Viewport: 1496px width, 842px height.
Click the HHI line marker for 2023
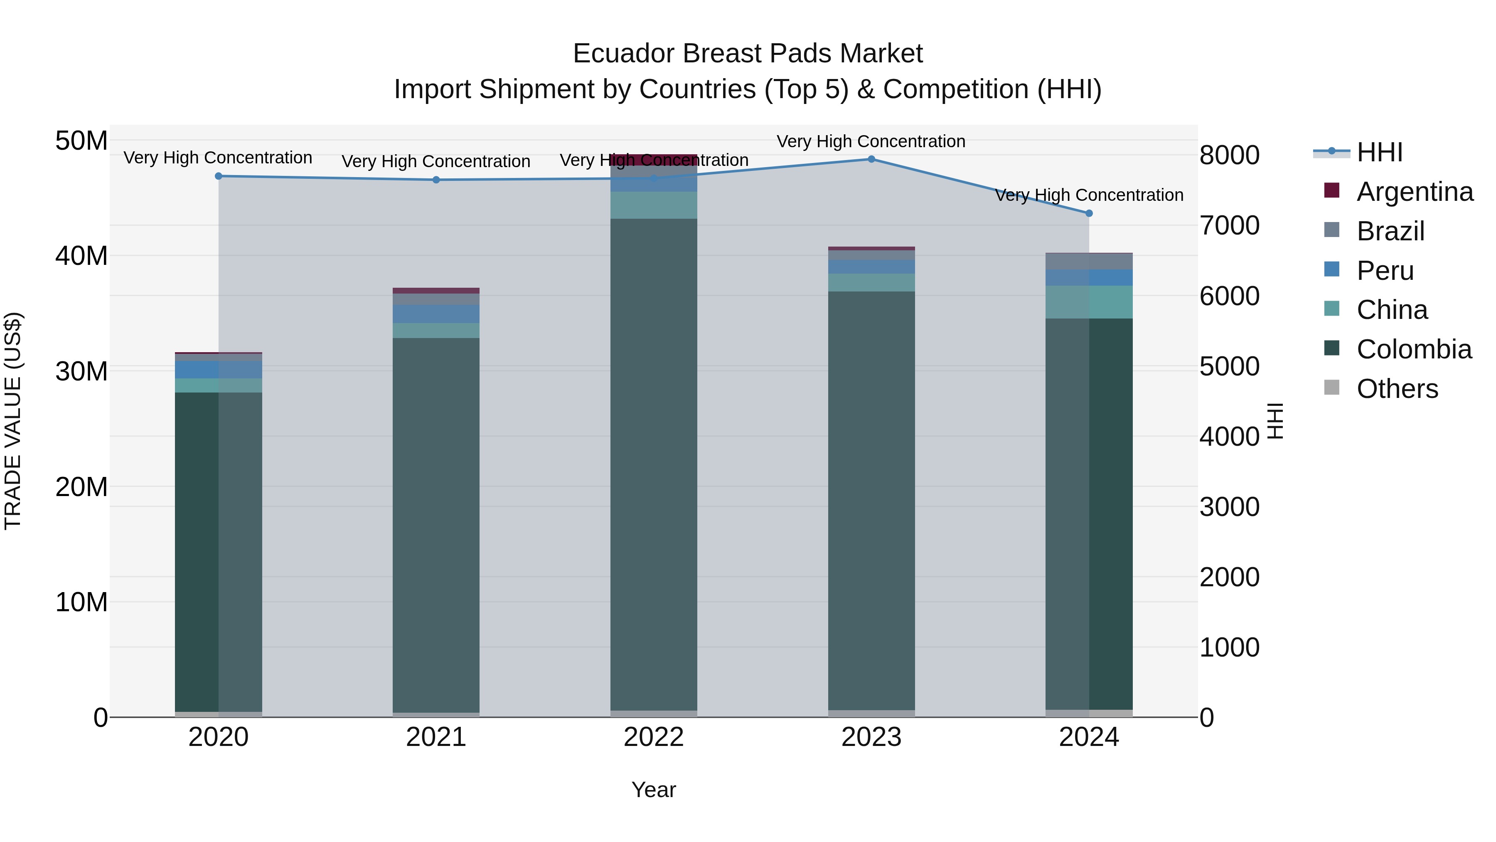[871, 159]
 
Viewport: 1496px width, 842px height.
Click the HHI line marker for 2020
[218, 176]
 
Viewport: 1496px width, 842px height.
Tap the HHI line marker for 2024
[1089, 213]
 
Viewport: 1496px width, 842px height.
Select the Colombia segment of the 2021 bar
[436, 523]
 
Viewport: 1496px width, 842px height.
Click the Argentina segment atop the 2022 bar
[654, 160]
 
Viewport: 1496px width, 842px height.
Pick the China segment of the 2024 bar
[1089, 302]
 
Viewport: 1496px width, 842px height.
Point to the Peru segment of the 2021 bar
[436, 314]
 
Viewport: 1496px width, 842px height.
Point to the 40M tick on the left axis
[81, 256]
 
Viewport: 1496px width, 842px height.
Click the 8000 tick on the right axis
[1230, 155]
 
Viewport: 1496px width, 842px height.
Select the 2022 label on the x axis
[654, 737]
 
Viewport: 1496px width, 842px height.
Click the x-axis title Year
[654, 790]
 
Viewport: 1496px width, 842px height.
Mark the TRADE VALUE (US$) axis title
[13, 421]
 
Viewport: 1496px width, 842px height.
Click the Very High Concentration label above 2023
[871, 141]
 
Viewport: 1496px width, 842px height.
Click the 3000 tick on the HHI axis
[1230, 507]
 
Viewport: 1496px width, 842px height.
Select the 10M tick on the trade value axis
[81, 602]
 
